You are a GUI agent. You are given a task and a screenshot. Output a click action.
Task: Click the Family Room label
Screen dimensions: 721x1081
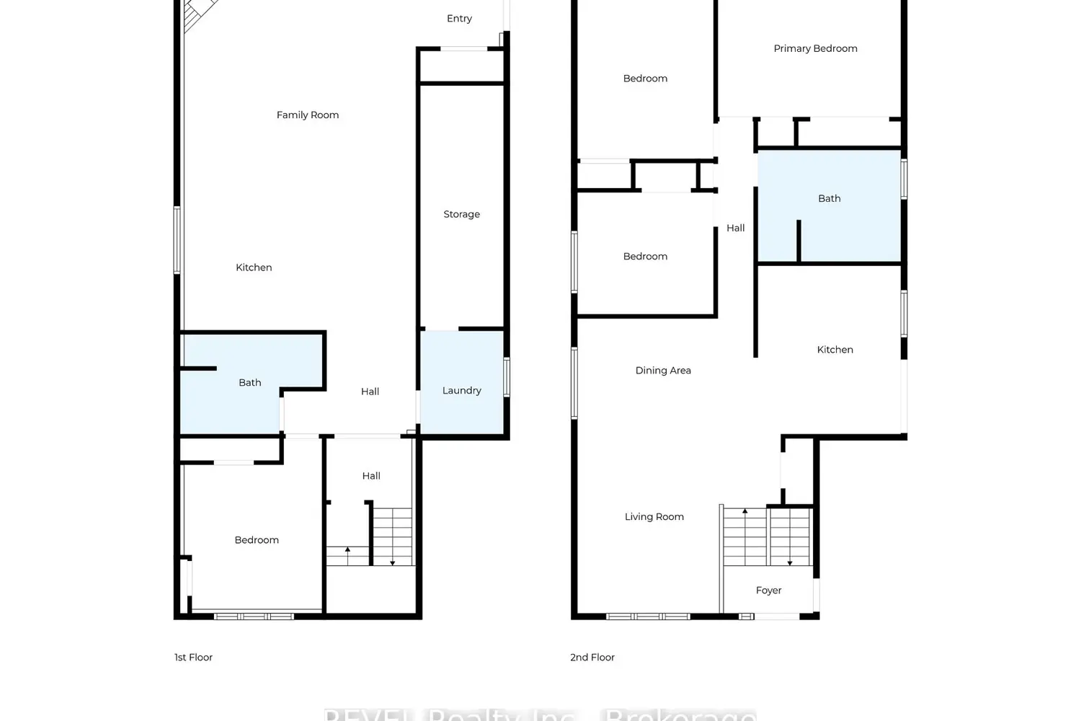tap(307, 115)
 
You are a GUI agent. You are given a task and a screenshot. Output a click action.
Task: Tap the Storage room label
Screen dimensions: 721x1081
tap(461, 214)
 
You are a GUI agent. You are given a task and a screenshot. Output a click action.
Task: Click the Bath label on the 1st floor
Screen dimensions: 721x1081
tap(250, 383)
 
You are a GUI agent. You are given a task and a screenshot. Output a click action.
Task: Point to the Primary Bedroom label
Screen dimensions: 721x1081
tap(815, 48)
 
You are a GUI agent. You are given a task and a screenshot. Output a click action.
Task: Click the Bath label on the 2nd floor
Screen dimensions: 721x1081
tap(829, 198)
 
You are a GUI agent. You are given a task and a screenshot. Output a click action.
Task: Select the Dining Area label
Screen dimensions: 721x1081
tap(663, 371)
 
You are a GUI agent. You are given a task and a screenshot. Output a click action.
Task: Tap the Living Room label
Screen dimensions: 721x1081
tap(654, 517)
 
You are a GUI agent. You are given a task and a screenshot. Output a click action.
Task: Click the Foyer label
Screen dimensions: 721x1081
tap(768, 590)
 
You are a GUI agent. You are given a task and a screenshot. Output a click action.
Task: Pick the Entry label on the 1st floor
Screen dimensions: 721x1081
tap(459, 19)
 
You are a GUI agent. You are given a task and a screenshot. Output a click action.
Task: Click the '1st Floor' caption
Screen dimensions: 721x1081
tap(193, 658)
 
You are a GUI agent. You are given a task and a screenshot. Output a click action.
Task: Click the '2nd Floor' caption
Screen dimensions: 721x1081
tap(592, 658)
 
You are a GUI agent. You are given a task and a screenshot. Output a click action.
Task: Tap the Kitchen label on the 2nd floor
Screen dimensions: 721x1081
tap(835, 350)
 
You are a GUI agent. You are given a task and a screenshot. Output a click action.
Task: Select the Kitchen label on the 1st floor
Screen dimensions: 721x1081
tap(254, 267)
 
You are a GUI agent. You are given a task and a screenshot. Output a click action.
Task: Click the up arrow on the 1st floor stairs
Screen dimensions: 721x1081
tap(347, 552)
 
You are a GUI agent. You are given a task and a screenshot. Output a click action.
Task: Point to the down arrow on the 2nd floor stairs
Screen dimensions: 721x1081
tap(790, 559)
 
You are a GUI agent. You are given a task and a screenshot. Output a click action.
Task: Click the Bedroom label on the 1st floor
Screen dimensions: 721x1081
tap(257, 540)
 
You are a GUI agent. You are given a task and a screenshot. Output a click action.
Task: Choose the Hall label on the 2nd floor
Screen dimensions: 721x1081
tap(735, 228)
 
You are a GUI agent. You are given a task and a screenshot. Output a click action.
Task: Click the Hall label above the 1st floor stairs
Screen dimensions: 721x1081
tap(371, 476)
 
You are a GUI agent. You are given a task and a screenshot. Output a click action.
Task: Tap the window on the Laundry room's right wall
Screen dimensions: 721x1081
tap(507, 377)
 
